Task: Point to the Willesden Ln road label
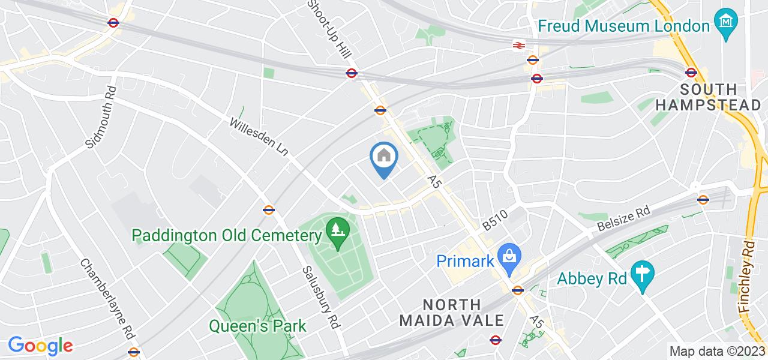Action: coord(259,137)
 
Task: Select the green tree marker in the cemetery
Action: coord(337,229)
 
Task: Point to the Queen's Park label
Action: coord(257,326)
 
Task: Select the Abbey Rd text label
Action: coord(592,278)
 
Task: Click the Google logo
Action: coord(40,346)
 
